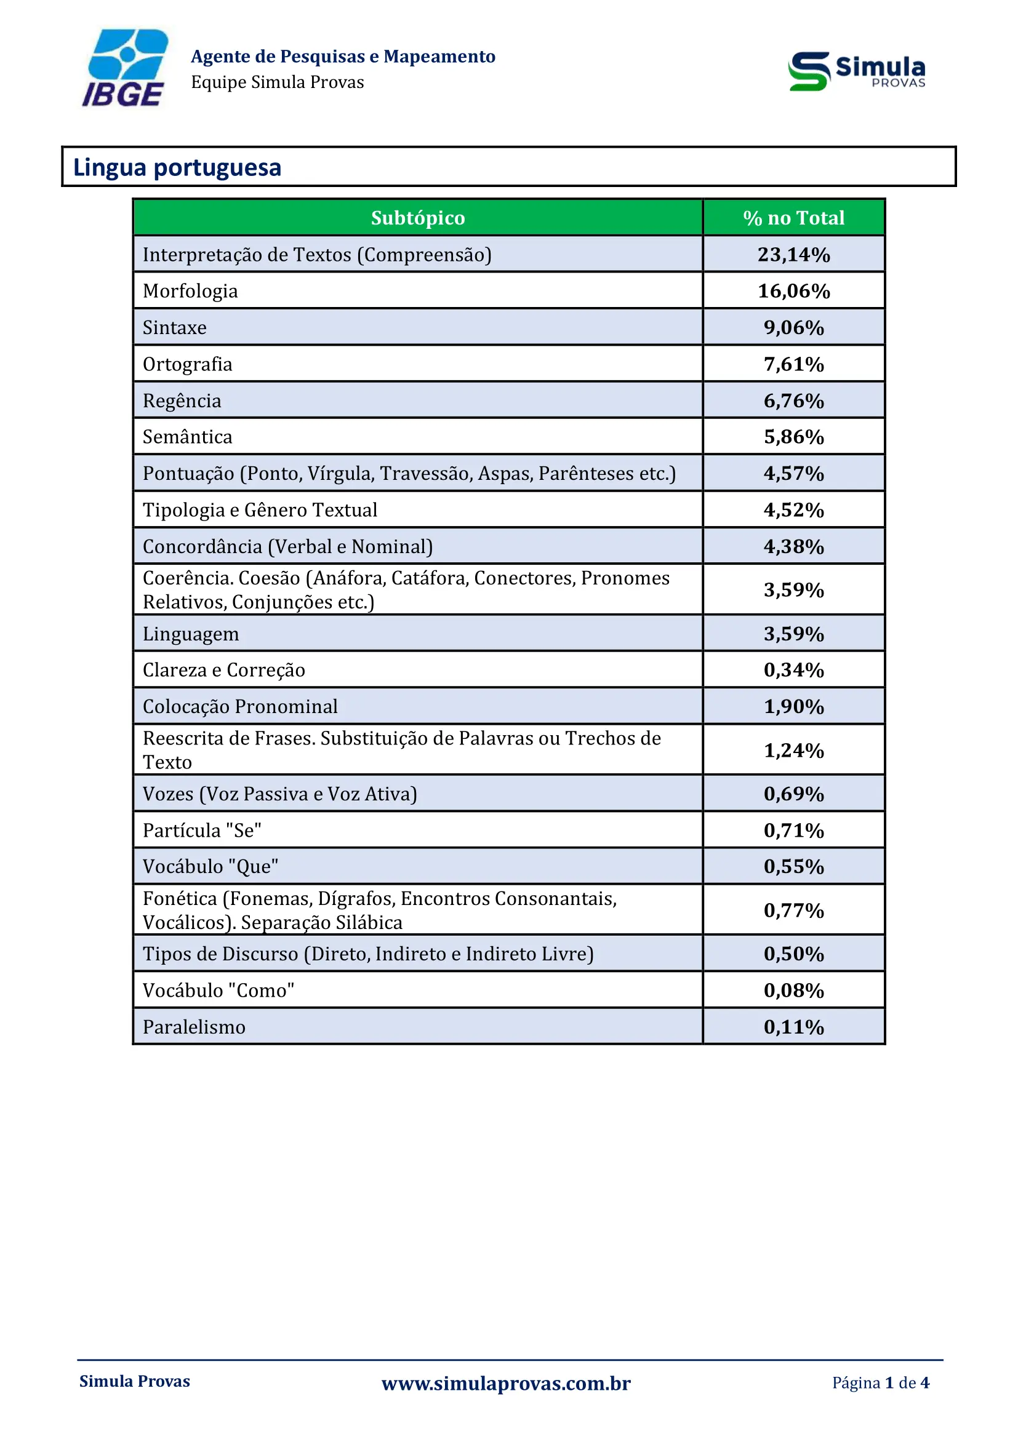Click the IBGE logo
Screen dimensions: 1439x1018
point(126,68)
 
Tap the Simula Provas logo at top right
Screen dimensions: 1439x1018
point(856,71)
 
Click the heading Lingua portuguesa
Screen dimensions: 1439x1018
point(177,167)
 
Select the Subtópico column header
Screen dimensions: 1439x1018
point(417,217)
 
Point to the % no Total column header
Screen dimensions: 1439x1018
point(793,217)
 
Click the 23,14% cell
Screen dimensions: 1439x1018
point(793,255)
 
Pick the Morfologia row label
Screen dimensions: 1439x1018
point(191,291)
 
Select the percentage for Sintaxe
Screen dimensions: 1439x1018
point(793,327)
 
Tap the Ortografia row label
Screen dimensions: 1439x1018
point(188,364)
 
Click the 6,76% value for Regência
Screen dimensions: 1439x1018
point(793,401)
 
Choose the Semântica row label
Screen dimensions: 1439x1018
point(188,437)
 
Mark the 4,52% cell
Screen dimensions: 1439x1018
point(793,509)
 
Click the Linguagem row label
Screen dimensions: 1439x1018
point(191,634)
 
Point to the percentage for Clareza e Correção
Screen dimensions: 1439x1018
point(793,670)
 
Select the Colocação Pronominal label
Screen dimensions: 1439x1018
point(240,706)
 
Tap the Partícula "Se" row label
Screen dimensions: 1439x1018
point(202,831)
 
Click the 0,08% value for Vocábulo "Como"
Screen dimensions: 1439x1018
point(793,991)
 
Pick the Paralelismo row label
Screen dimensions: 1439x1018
point(194,1027)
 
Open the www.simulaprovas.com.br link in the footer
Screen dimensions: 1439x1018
point(506,1382)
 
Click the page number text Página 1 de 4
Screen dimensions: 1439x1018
point(880,1382)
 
